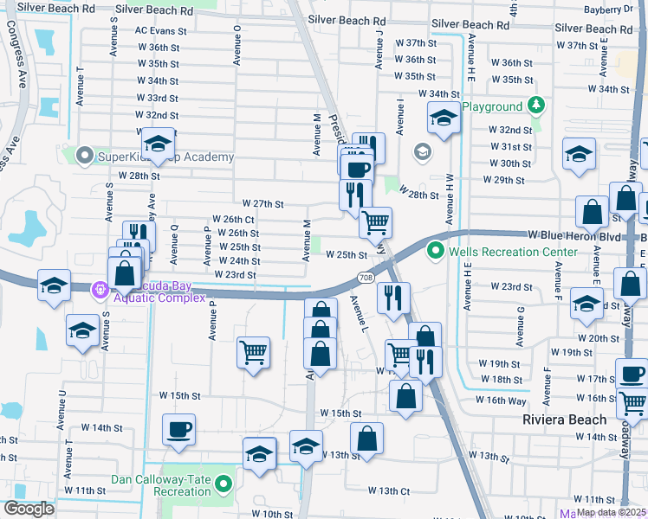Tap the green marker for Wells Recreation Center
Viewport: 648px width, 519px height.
pos(436,253)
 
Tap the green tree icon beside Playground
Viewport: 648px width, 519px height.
pos(536,106)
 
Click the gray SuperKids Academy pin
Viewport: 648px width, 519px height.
pos(84,157)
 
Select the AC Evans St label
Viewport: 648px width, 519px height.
pos(160,30)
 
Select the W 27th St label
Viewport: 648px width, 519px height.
pos(263,204)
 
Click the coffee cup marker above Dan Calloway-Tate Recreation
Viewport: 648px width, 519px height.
pos(178,428)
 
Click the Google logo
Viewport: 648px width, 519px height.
pos(29,509)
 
